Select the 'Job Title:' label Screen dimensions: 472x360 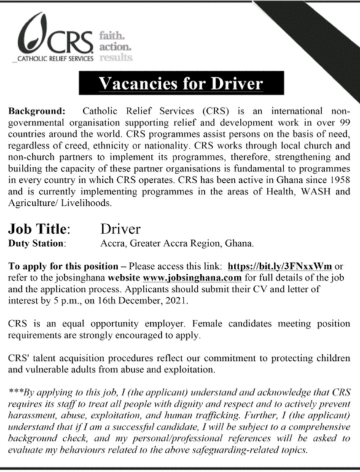pyautogui.click(x=38, y=229)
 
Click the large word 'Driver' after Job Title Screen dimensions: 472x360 pyautogui.click(x=120, y=229)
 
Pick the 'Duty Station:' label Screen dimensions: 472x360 pyautogui.click(x=37, y=244)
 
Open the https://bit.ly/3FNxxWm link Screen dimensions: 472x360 pyautogui.click(x=279, y=267)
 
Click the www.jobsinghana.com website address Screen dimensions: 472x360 pyautogui.click(x=192, y=278)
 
